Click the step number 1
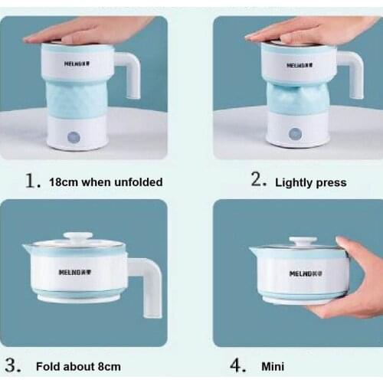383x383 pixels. [x=33, y=181]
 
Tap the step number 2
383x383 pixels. [x=259, y=179]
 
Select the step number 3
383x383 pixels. [x=13, y=365]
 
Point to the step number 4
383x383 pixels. [x=238, y=365]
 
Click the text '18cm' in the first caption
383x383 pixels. [x=64, y=182]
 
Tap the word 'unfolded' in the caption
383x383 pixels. [x=138, y=182]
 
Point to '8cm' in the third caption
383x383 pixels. [x=110, y=367]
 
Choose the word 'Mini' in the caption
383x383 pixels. [x=273, y=367]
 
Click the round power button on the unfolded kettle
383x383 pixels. [x=74, y=137]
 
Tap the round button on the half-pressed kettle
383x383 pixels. [x=295, y=134]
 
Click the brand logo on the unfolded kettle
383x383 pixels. [x=77, y=64]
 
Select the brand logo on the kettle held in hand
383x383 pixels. [x=306, y=273]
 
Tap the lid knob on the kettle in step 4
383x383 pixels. [x=303, y=241]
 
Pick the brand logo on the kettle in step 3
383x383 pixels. [x=75, y=272]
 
